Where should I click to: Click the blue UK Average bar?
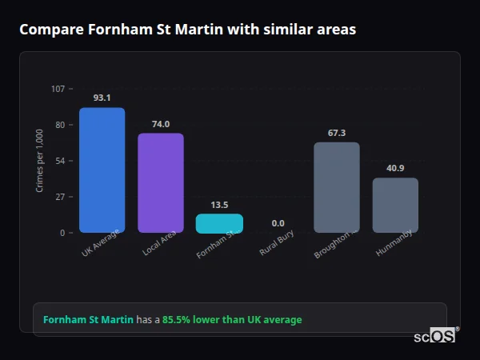click(x=102, y=170)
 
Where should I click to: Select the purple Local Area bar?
click(x=161, y=182)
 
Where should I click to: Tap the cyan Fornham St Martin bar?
click(x=219, y=223)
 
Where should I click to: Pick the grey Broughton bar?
click(x=337, y=187)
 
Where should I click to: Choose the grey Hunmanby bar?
click(x=395, y=205)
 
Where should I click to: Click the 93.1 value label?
click(x=102, y=98)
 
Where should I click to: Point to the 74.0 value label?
click(x=161, y=124)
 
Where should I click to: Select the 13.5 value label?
click(x=219, y=205)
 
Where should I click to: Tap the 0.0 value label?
click(x=278, y=223)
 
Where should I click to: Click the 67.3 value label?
click(x=337, y=133)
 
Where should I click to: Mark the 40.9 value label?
click(x=395, y=168)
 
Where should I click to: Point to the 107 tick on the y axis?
click(x=58, y=88)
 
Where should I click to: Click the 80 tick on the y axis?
click(x=59, y=125)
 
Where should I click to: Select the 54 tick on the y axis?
click(x=59, y=161)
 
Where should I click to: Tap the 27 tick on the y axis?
click(x=59, y=197)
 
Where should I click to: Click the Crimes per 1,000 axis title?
click(x=40, y=161)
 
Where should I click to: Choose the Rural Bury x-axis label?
click(x=277, y=242)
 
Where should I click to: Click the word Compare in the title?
click(x=50, y=30)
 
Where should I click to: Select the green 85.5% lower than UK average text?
click(x=232, y=320)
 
